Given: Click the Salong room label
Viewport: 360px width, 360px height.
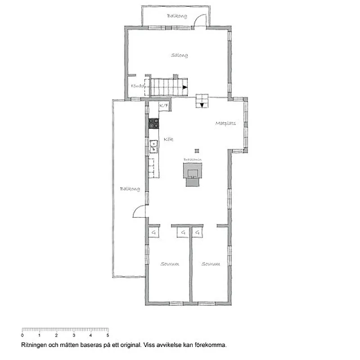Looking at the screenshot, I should coord(179,55).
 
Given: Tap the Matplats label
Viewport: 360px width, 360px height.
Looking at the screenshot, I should coord(225,123).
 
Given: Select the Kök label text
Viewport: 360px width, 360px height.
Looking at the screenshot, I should coord(169,139).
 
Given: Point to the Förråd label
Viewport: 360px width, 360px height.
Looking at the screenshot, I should coord(137,86).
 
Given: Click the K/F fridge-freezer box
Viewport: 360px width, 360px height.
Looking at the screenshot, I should coord(164,106).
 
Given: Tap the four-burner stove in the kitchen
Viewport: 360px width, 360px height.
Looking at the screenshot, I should coord(153,123).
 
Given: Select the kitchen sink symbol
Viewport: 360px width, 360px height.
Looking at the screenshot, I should coord(153,144).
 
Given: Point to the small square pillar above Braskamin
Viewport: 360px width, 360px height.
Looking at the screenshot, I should coord(197,151).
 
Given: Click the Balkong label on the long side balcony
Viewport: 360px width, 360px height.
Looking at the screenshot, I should coord(130,189).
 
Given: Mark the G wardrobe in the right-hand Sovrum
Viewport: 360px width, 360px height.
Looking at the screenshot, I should coord(197,233).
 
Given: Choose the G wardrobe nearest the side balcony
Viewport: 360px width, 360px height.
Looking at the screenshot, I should coord(153,233).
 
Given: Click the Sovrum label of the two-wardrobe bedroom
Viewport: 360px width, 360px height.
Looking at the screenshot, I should coord(170,264).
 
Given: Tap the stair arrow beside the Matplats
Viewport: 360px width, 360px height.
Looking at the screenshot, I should coord(202,105).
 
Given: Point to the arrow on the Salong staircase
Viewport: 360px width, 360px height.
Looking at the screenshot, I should coord(185,87).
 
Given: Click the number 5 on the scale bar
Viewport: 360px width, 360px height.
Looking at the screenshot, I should coord(108,335).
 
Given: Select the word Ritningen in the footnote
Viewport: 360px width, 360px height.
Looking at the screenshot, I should coord(34,346).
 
